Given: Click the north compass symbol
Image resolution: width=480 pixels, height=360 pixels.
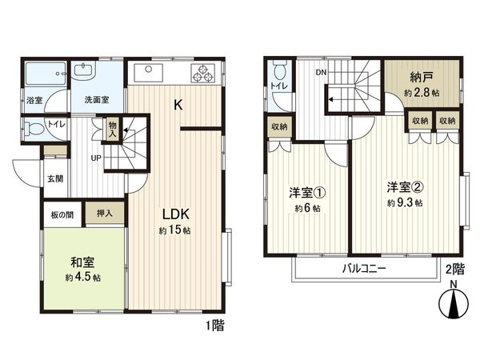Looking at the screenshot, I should click(x=454, y=305).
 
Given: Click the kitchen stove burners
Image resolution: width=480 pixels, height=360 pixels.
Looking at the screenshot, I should click(x=200, y=74).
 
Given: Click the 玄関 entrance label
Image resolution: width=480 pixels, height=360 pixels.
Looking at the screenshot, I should click(x=55, y=179).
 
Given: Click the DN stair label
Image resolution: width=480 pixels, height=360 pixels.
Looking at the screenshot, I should click(x=320, y=73).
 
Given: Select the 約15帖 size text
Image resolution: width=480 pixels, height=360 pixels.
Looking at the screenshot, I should click(x=175, y=231).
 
